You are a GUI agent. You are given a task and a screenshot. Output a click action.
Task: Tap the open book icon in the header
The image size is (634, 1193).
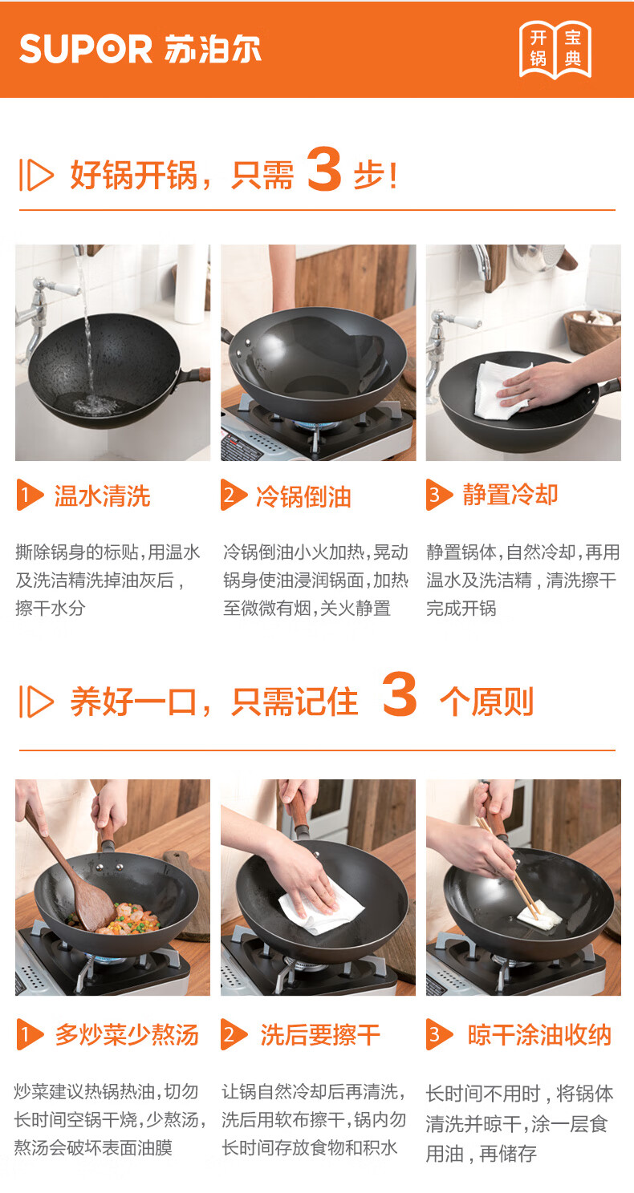555,50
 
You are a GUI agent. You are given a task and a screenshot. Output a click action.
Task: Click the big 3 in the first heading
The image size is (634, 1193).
325,169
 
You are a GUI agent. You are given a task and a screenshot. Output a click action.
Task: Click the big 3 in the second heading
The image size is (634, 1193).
400,694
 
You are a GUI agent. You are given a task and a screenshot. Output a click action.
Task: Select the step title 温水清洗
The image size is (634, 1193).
103,495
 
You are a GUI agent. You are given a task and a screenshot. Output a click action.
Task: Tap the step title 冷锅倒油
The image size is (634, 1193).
303,496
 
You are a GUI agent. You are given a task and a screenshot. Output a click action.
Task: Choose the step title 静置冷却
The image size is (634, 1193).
510,494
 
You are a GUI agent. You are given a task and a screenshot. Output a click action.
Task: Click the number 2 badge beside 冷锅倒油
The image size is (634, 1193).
233,495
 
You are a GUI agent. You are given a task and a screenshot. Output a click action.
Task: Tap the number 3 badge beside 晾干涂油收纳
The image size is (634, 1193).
437,1034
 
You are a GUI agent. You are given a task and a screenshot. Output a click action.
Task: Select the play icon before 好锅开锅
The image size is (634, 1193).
36,174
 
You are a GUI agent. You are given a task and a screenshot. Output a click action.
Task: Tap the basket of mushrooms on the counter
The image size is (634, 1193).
592,330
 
